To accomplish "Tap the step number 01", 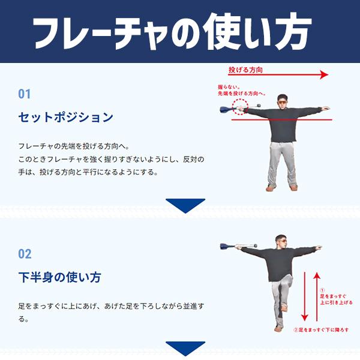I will click(24, 94).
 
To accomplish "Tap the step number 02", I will click(25, 254).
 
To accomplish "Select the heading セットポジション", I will click(65, 117).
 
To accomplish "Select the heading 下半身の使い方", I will click(59, 277).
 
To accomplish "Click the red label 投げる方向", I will click(246, 70).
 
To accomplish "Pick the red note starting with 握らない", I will click(239, 89).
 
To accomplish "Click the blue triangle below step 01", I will click(185, 206).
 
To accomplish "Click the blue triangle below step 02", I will click(185, 349).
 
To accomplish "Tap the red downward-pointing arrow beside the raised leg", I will click(305, 297).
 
